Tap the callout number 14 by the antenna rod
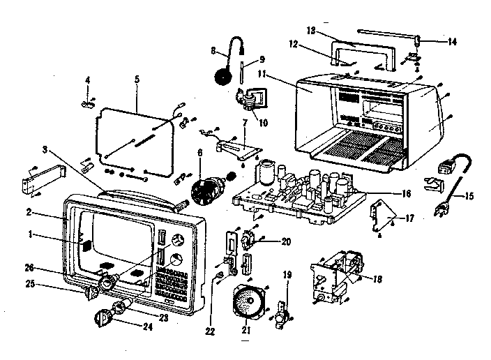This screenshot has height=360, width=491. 453,42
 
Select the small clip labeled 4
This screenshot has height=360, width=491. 88,103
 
